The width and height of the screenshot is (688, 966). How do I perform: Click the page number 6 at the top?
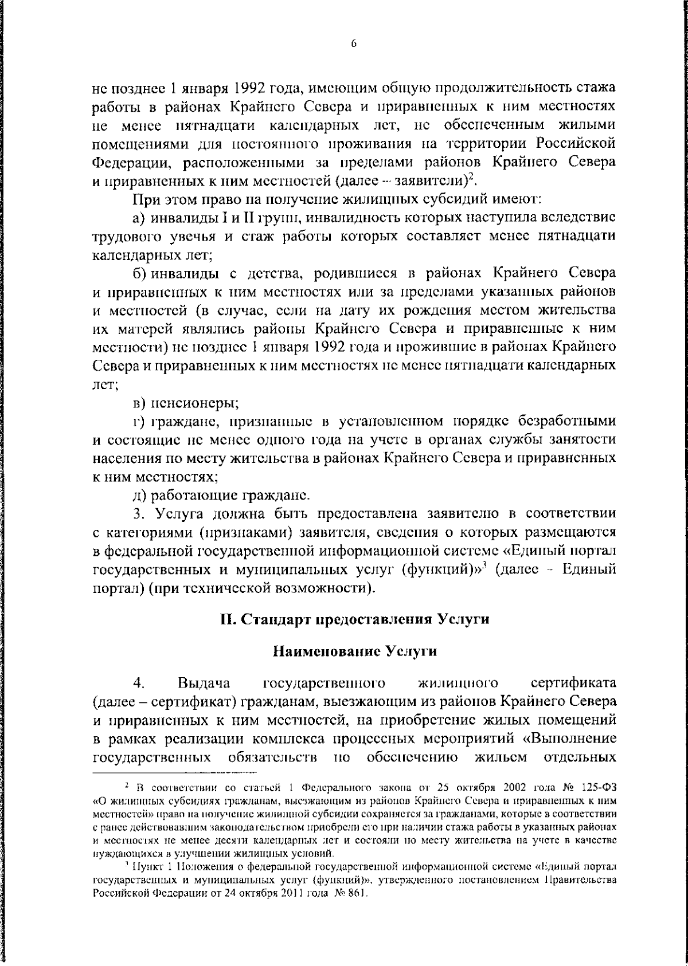click(354, 44)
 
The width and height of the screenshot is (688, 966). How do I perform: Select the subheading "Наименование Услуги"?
click(354, 651)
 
